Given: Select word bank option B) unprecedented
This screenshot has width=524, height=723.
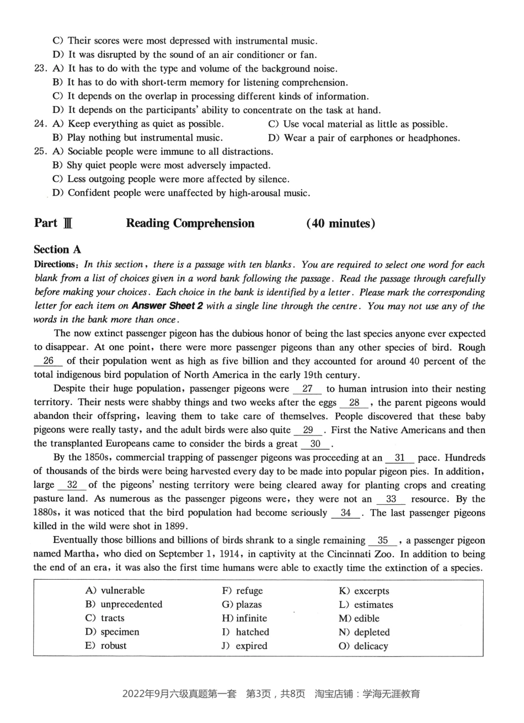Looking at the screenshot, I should [124, 604].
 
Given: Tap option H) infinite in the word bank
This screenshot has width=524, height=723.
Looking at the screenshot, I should [244, 618].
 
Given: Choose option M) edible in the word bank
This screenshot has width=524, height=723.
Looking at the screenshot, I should [359, 618].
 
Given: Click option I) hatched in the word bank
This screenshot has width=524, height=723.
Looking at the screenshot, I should [245, 632].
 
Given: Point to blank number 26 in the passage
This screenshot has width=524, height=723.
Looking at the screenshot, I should [48, 361].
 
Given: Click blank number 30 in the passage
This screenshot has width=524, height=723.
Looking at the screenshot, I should [316, 444].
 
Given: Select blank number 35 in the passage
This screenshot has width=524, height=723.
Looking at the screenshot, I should [383, 541].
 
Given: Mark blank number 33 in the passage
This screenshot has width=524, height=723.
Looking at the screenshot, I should [391, 499].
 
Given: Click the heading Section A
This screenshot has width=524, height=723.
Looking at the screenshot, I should [60, 250].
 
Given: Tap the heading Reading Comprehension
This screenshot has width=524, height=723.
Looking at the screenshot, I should [190, 223].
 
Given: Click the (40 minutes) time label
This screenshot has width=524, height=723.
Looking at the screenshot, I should [340, 223].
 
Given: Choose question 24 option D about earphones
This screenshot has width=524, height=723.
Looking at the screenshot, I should [363, 138].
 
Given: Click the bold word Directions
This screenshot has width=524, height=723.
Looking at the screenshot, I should [54, 265].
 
